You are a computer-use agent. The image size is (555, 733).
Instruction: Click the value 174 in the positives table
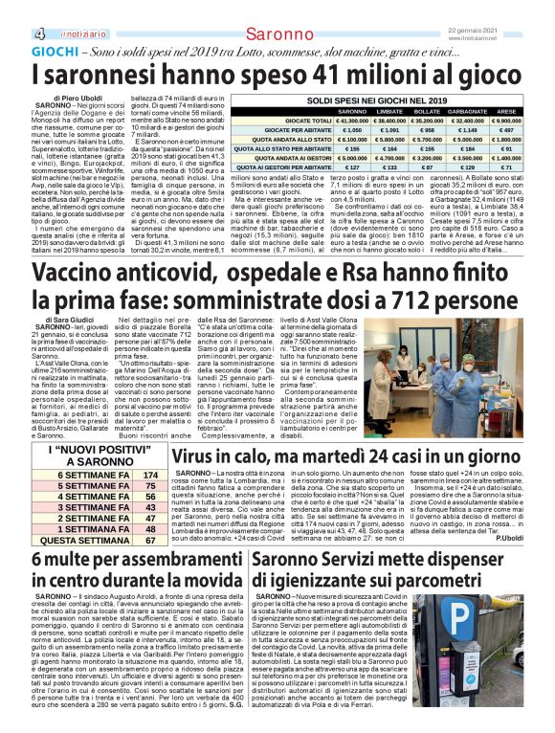pos(148,474)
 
